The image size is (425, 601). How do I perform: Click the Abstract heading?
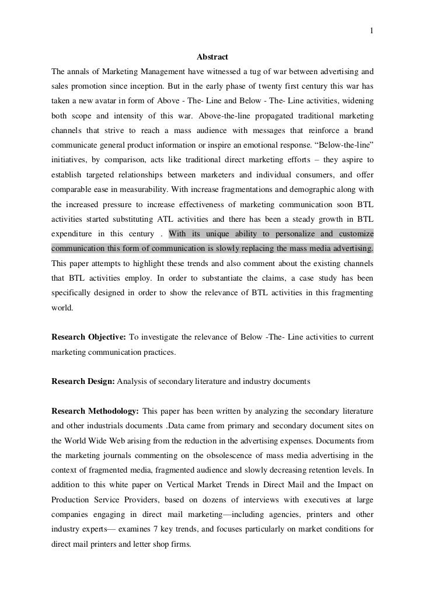pyautogui.click(x=212, y=57)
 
